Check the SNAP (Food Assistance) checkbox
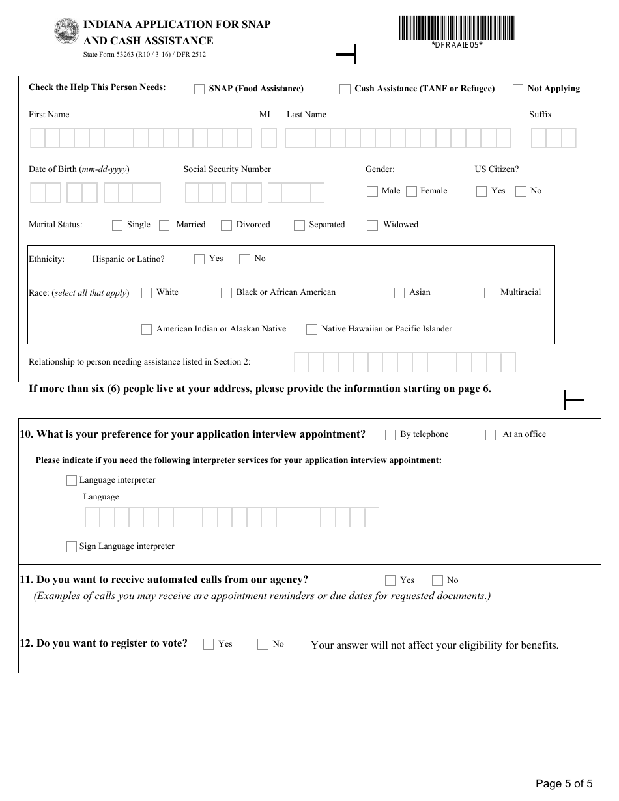coord(199,89)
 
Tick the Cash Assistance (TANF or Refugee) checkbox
coord(345,89)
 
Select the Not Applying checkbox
coord(518,89)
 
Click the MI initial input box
coord(268,138)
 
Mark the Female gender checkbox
coord(411,191)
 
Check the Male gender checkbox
coord(372,191)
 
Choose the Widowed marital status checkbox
coord(372,225)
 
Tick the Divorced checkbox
coord(226,225)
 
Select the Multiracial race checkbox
coord(489,293)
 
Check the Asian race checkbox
coord(399,293)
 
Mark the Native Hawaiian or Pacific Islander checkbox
coord(311,330)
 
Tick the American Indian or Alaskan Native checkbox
coord(147,330)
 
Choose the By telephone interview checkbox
coord(390,435)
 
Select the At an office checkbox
coord(491,435)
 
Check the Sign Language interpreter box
coord(72,547)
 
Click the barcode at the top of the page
coord(457,28)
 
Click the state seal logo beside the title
coord(66,31)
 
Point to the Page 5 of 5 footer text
coord(564,783)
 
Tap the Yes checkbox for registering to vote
coord(209,645)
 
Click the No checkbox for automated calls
coord(438,581)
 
